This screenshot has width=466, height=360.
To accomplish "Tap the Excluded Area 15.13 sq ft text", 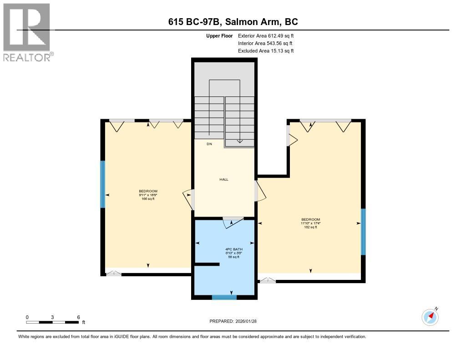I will [x=266, y=51].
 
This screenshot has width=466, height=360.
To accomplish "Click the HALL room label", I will [x=224, y=179].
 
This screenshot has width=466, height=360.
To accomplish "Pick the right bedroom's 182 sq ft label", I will [x=310, y=227].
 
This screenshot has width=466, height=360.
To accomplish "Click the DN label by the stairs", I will [x=209, y=144].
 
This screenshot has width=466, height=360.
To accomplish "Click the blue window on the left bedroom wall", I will [x=103, y=184].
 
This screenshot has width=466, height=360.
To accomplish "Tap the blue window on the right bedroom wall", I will [x=363, y=231].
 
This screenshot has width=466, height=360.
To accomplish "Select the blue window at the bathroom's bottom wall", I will [x=224, y=297].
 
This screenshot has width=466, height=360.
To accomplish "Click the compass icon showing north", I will [x=430, y=317].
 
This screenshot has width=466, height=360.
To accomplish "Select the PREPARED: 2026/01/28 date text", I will [x=236, y=321].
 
